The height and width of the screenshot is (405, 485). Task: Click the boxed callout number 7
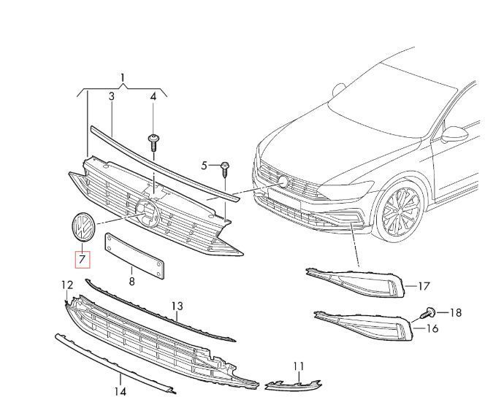pyautogui.click(x=83, y=259)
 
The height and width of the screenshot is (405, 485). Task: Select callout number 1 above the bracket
pyautogui.click(x=123, y=78)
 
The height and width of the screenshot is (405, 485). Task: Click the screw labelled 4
pyautogui.click(x=153, y=143)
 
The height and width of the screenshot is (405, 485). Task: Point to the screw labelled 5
pyautogui.click(x=225, y=169)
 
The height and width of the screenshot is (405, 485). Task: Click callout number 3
pyautogui.click(x=111, y=96)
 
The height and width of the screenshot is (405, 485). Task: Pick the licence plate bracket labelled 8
pyautogui.click(x=134, y=256)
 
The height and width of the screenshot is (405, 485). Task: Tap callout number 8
pyautogui.click(x=132, y=281)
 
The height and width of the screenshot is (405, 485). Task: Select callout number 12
pyautogui.click(x=67, y=285)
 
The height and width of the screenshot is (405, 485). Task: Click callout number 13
pyautogui.click(x=177, y=306)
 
